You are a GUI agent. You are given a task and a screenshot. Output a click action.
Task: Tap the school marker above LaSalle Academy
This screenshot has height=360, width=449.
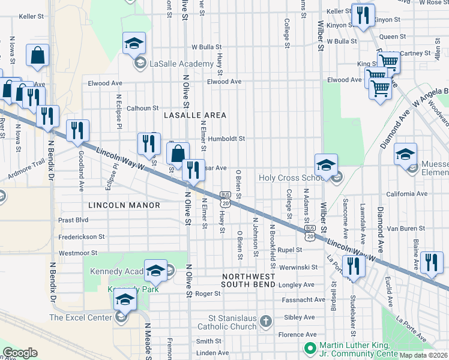(x=134, y=44)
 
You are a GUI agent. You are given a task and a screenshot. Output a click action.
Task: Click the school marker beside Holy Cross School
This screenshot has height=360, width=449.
(x=326, y=165)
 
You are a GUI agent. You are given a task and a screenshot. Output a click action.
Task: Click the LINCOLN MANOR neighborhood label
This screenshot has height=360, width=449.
(x=124, y=205)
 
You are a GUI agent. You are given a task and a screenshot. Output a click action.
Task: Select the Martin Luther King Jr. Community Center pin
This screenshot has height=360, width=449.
(x=310, y=348)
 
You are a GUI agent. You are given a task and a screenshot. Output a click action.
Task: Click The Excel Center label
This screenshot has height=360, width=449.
(x=80, y=317)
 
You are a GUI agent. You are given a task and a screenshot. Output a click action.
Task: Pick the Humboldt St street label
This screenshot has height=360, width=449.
(x=231, y=139)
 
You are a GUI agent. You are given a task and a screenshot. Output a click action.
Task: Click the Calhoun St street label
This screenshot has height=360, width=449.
(x=142, y=108)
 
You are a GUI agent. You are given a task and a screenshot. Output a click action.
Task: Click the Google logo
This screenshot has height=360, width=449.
(x=20, y=352)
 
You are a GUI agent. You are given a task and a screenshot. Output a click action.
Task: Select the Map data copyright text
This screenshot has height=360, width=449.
(x=423, y=355)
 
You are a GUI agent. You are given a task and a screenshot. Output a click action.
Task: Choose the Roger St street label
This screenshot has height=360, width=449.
(x=208, y=294)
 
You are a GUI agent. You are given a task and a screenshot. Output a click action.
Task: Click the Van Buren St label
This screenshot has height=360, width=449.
(x=405, y=229)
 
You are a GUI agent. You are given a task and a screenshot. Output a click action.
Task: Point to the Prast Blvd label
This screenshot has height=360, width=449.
(x=74, y=220)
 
